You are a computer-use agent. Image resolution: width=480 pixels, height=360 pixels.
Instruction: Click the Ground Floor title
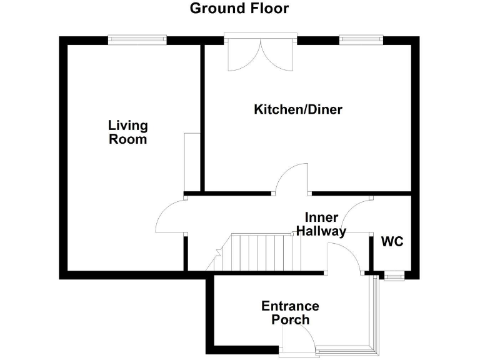click(239, 9)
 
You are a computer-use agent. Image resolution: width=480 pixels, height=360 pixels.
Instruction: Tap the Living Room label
click(128, 132)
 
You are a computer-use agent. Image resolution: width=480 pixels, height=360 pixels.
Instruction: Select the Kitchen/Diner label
click(297, 110)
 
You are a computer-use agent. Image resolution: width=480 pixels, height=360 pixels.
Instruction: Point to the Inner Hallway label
click(321, 224)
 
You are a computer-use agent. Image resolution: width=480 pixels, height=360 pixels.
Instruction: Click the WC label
click(392, 241)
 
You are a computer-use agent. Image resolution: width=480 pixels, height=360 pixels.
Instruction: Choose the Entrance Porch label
click(290, 312)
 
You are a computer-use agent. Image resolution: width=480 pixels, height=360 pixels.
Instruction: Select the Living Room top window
click(137, 40)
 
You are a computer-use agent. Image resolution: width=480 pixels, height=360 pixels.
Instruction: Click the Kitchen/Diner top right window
click(361, 40)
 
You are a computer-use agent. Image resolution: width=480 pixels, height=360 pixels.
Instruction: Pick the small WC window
click(394, 276)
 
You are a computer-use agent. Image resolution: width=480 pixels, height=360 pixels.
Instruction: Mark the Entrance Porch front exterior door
click(299, 339)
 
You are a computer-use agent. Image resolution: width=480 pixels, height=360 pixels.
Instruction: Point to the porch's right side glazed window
click(375, 312)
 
